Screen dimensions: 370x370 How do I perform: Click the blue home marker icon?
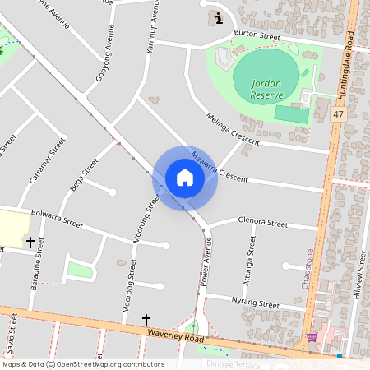185,177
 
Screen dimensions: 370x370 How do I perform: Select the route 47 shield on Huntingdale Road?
339,114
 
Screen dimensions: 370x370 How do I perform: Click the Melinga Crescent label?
233,129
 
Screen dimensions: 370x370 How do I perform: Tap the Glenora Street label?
262,222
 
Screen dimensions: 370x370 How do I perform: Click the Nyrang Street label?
257,303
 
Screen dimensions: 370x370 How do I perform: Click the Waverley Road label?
176,336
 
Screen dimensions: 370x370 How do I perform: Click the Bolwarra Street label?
57,219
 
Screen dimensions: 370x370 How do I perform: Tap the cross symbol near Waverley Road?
147,319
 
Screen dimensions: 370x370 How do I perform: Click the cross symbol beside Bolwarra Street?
31,243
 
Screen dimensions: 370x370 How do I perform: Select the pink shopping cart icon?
312,336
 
